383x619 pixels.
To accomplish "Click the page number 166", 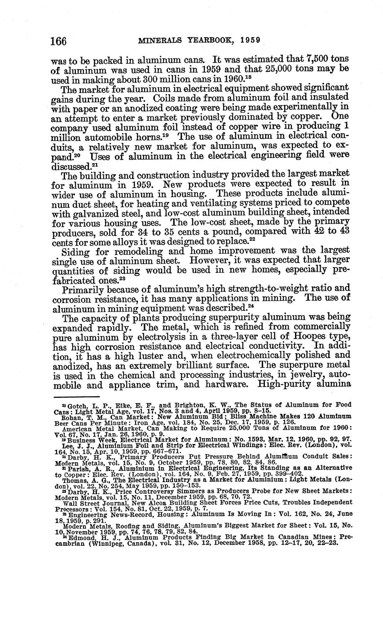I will pos(58,41).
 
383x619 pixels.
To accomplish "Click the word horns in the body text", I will pos(158,136).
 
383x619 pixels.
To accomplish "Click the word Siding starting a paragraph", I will pos(75,250).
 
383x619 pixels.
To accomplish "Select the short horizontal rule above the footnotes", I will pos(76,397).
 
